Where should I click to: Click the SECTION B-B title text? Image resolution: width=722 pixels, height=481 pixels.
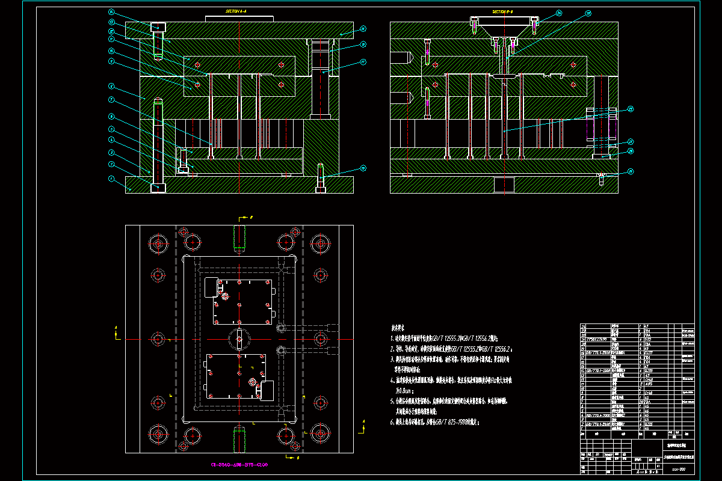click(503, 11)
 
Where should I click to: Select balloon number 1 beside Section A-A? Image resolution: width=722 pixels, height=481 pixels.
click(111, 179)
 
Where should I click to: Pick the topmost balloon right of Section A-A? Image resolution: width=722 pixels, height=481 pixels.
click(363, 28)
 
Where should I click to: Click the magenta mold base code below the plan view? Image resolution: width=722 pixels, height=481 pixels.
click(239, 464)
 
